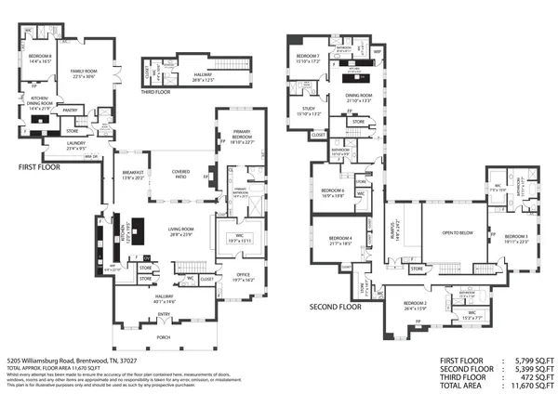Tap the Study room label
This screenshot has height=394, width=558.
click(x=309, y=112)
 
